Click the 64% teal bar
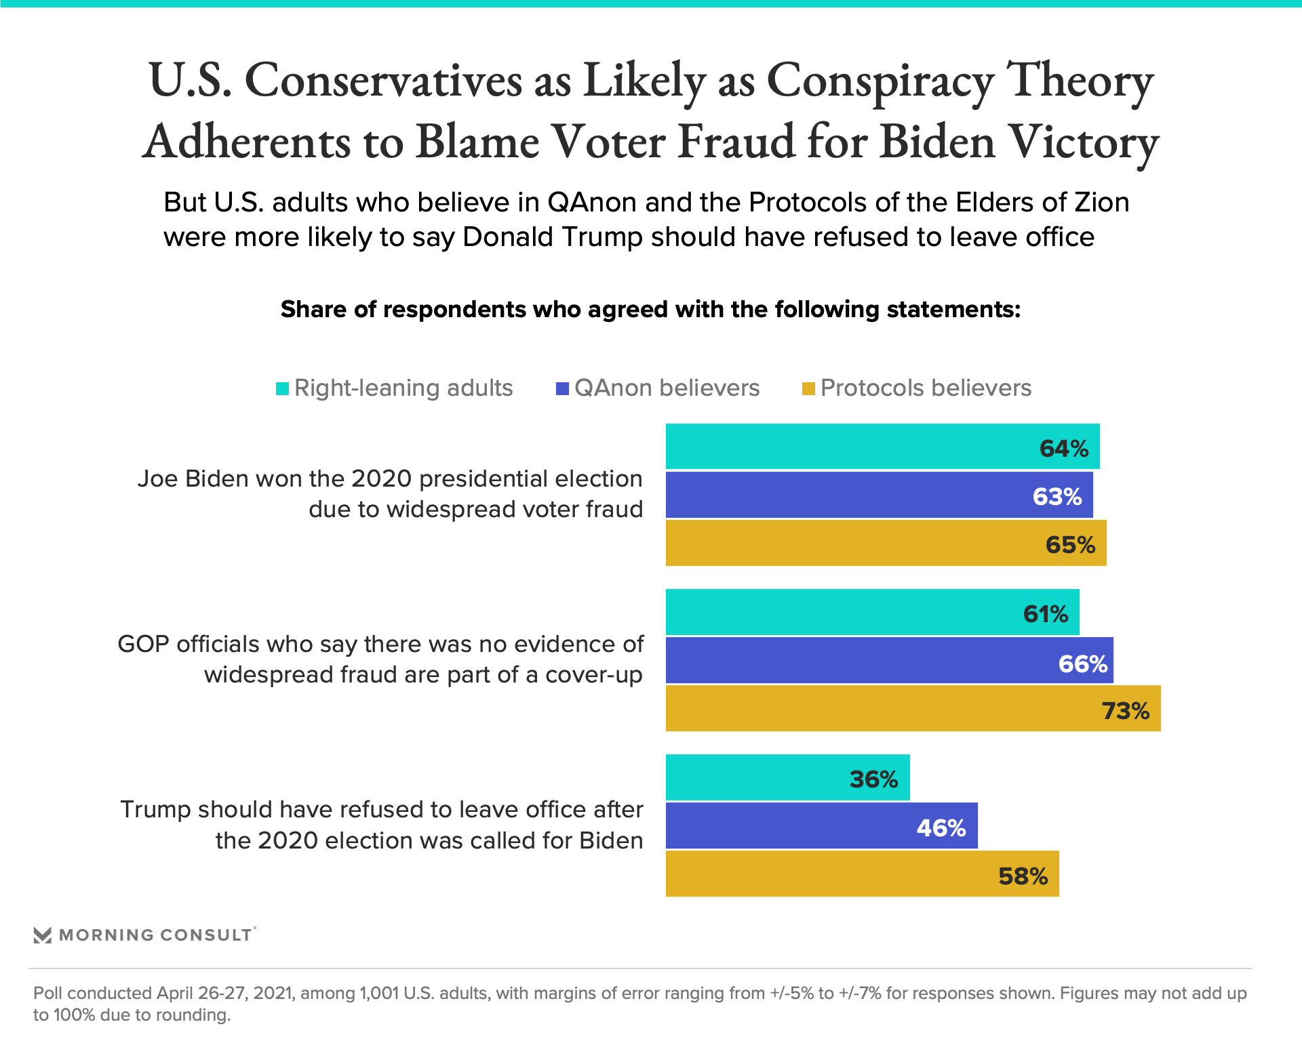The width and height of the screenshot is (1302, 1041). click(882, 447)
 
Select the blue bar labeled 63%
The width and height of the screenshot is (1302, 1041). click(878, 495)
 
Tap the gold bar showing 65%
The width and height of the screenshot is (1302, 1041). click(885, 544)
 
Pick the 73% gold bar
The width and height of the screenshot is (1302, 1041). click(912, 709)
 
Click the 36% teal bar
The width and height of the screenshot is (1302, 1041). click(787, 778)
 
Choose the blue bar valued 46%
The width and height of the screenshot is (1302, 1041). click(821, 826)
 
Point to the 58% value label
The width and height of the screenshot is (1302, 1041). click(1023, 876)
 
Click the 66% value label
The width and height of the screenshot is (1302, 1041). click(1082, 664)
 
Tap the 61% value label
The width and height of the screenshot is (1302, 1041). click(1045, 614)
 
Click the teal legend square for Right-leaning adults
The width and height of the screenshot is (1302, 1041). click(282, 388)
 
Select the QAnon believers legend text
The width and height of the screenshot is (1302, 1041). click(667, 388)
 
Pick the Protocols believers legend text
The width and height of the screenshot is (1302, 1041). click(926, 388)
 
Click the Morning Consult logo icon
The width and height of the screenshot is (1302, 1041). click(42, 935)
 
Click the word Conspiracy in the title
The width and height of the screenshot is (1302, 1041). click(880, 81)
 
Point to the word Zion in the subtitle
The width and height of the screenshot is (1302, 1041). click(1100, 202)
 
